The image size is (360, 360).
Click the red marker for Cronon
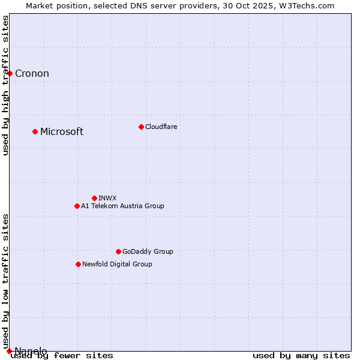tap(10, 73)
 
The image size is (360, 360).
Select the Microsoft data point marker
tap(35, 131)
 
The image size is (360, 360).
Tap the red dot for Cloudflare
tap(141, 127)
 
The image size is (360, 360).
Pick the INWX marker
tap(94, 198)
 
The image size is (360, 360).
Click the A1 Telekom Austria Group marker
tap(77, 206)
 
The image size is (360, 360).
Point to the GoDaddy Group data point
tap(118, 251)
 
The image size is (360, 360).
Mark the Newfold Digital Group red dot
tap(78, 264)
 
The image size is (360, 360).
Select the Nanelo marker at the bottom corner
tap(9, 351)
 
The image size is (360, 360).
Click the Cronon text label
tap(32, 74)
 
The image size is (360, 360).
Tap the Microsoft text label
tap(62, 132)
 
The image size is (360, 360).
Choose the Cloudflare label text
tap(161, 127)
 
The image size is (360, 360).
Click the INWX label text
tap(107, 198)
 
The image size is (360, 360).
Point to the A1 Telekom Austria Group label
tap(122, 206)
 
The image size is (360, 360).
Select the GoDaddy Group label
tap(148, 251)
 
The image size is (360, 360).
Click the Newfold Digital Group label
tap(117, 264)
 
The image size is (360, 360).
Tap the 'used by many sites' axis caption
tap(301, 356)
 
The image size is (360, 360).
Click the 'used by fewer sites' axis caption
tap(62, 356)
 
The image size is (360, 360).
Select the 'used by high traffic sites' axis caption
tap(6, 85)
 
